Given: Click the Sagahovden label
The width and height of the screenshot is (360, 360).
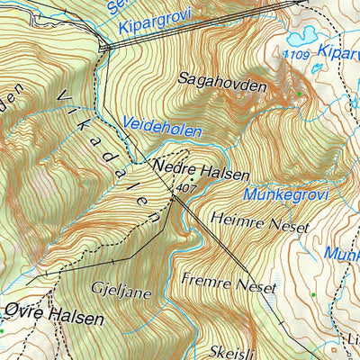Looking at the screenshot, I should click(x=222, y=85).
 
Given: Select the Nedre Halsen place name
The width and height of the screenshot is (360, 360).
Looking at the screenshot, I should click(x=202, y=167).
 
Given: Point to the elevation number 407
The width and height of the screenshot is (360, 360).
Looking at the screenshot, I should click(x=186, y=188).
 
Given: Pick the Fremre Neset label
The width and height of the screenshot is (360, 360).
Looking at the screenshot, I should click(x=228, y=283).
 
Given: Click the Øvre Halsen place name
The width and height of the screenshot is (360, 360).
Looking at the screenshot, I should click(x=53, y=319).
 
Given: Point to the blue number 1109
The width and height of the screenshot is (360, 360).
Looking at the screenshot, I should click(x=296, y=56).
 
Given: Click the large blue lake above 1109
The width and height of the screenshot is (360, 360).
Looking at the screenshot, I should click(x=301, y=37).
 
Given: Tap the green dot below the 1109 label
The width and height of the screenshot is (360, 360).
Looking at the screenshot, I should click(x=300, y=94).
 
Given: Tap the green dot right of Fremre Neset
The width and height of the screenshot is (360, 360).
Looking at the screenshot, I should click(x=311, y=294).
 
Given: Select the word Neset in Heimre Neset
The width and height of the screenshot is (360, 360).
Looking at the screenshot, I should click(x=287, y=219).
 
